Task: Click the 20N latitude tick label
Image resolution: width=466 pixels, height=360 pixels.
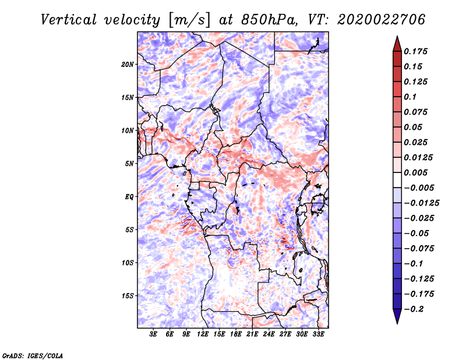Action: pos(128,64)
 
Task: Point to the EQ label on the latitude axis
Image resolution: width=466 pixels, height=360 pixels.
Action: pos(129,196)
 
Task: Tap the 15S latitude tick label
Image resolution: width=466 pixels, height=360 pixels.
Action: pos(128,295)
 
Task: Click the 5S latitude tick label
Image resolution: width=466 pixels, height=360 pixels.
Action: pos(129,230)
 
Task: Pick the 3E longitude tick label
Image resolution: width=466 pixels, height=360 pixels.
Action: pos(154,334)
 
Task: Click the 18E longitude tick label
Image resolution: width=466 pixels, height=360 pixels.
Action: pos(236,334)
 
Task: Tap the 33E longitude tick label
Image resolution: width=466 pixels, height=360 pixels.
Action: pos(318,334)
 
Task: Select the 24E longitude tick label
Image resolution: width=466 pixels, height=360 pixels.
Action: pos(269,334)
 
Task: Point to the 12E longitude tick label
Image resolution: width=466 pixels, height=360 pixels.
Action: pos(203,334)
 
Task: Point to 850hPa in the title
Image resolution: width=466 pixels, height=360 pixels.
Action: pos(266,20)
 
